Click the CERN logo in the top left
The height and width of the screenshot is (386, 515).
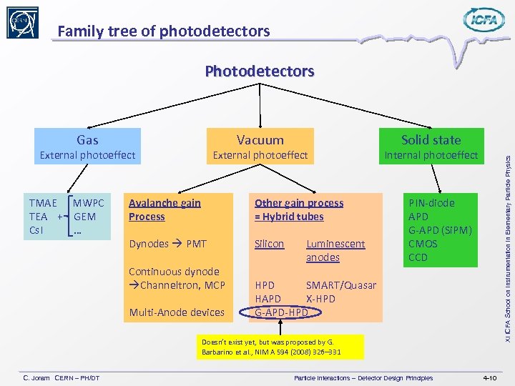click(23, 23)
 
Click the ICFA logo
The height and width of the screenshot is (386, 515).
click(484, 20)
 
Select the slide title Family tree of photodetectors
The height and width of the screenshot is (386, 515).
click(164, 31)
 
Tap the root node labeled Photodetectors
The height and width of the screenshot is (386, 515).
click(259, 71)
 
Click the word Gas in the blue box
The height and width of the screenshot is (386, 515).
click(87, 140)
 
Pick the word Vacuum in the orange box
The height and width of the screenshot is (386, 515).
click(260, 140)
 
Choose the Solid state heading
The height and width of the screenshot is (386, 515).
click(431, 140)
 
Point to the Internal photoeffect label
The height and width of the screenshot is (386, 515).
click(431, 155)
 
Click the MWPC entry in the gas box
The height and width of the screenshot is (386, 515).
click(89, 203)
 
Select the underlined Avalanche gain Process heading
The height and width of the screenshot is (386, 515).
click(165, 209)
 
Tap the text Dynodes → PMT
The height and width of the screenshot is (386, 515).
click(167, 244)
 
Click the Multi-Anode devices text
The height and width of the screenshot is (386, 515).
click(176, 312)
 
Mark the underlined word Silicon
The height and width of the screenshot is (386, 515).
click(269, 244)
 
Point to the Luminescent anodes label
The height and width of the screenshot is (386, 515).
click(335, 250)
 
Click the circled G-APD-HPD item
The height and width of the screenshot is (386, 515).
click(282, 312)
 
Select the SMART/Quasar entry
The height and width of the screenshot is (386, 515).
click(340, 284)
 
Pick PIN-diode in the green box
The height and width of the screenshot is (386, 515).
click(431, 203)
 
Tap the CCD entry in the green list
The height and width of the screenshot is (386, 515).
click(418, 257)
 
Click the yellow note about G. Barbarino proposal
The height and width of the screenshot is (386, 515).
click(282, 347)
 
